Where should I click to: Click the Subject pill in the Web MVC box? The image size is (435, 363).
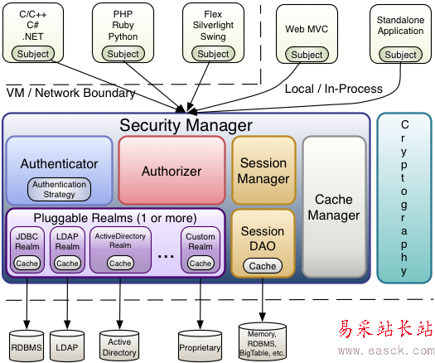pos(307,55)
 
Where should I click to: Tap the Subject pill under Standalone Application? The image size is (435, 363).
pos(400,55)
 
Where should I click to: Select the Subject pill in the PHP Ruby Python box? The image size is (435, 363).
pos(123,54)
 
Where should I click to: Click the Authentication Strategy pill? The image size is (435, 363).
pos(59,189)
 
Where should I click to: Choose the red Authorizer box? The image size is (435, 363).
pos(172,171)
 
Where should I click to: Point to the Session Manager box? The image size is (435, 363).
pos(263,171)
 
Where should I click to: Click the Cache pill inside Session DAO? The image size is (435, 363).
pos(263,266)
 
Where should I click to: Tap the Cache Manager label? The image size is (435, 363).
pos(334,207)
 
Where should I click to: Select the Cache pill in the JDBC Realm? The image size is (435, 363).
pos(27,263)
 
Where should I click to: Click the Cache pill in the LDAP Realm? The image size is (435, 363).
pos(67,263)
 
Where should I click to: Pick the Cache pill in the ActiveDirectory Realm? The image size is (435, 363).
pos(120,263)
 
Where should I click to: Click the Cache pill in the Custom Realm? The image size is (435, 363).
pos(201,263)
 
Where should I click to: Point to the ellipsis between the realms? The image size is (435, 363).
pos(166,256)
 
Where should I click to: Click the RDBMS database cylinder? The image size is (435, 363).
pos(27,346)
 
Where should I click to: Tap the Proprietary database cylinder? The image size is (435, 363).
pos(200,346)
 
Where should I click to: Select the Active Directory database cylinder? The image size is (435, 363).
pos(119,346)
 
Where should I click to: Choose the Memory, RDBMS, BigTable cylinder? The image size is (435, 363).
pos(262,341)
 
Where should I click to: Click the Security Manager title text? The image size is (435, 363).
pos(186,125)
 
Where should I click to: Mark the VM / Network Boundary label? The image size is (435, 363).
pos(70,93)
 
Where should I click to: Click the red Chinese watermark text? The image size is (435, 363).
pos(385,329)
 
